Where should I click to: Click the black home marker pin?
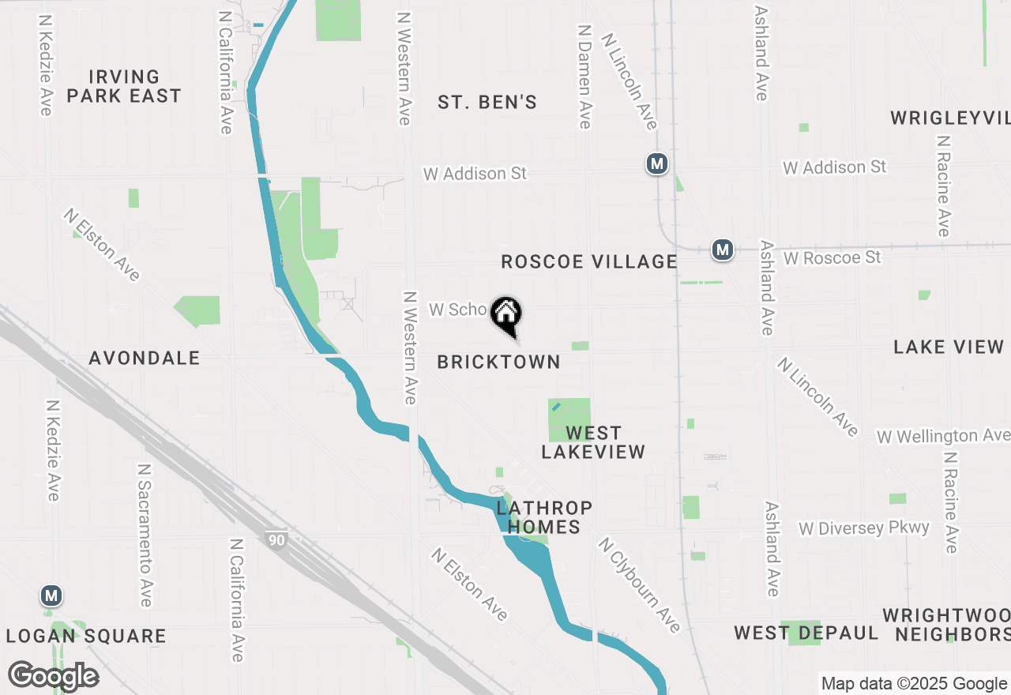point(505,315)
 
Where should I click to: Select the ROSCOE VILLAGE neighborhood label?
point(589,262)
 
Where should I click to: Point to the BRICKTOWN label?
point(498,362)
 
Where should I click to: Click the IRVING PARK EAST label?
point(124,86)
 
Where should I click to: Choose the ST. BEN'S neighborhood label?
point(487,102)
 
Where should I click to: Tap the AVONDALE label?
point(145,358)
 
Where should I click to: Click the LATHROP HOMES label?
point(544,517)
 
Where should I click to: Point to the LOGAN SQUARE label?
point(86,636)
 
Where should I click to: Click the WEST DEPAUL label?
point(806,633)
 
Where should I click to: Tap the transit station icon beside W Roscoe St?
point(722,250)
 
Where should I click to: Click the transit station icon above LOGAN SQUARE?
point(52,595)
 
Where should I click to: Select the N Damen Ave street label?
point(584,77)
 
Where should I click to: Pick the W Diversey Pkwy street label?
point(864,528)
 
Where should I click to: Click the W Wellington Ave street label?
point(942,436)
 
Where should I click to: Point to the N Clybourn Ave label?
point(639,585)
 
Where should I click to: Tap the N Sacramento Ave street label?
point(145,535)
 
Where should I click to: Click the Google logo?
point(54,676)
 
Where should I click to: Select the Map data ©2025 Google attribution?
point(914,684)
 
